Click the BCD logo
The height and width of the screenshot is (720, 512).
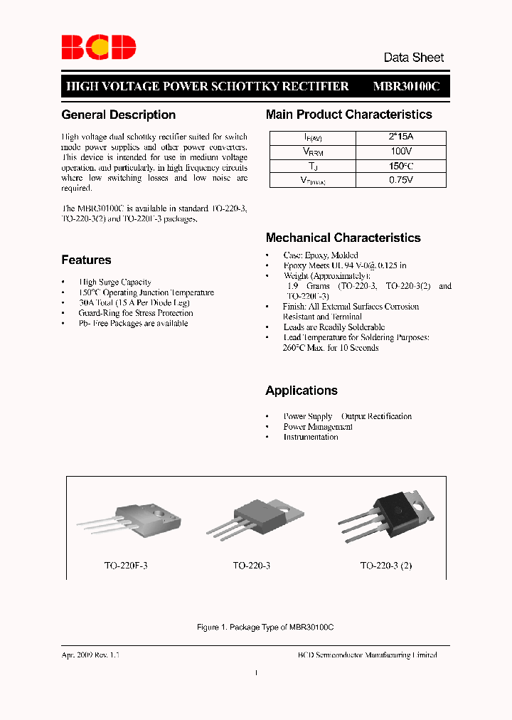(x=98, y=47)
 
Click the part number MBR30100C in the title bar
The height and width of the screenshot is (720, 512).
(x=406, y=86)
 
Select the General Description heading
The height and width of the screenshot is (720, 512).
(x=118, y=115)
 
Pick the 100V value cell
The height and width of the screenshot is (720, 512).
(x=402, y=152)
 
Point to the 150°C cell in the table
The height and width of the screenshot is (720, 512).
(x=402, y=166)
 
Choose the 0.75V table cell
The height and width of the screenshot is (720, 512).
(x=402, y=181)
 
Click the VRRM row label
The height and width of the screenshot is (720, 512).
(x=314, y=152)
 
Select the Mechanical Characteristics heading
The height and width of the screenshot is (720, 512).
(x=343, y=238)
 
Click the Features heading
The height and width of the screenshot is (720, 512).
(x=86, y=260)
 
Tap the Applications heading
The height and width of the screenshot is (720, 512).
(x=302, y=391)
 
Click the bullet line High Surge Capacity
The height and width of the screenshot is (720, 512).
(x=115, y=282)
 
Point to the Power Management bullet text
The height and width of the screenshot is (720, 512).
(x=318, y=427)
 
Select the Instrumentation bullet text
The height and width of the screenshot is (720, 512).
(x=311, y=437)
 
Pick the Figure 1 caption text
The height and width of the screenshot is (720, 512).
(x=265, y=627)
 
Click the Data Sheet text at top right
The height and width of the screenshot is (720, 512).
(x=413, y=58)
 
